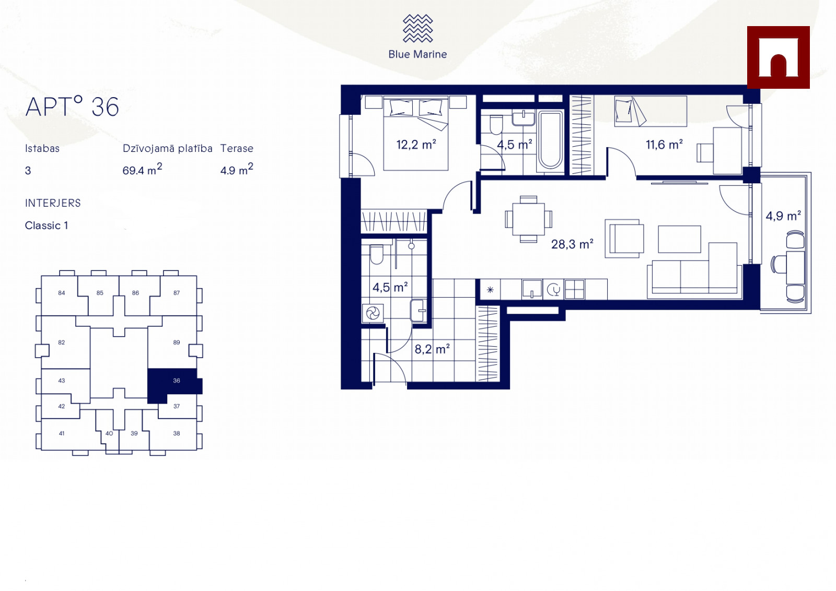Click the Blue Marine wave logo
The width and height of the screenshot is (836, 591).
point(417,28)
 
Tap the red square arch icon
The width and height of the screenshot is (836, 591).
point(778,57)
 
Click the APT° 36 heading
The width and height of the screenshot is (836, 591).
point(72,107)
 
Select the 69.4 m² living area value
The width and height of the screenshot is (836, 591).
point(142,169)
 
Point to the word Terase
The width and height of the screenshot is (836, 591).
point(237,148)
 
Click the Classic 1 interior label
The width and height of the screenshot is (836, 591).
point(47,225)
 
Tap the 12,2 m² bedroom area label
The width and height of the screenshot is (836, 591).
point(416,144)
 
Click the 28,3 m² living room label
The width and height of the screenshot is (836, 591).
point(572,244)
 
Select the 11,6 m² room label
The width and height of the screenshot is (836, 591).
point(664,144)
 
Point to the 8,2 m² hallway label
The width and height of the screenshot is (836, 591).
point(432,349)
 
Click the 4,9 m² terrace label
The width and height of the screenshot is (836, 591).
point(783,216)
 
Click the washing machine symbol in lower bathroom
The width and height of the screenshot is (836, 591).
point(373,313)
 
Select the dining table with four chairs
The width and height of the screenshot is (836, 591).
point(528,219)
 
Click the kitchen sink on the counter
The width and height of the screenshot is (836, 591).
point(532,289)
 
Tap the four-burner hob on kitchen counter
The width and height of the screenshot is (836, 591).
point(574,289)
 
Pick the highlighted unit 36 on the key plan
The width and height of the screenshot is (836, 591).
point(175,384)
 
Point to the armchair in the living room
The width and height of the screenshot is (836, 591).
point(624,239)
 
